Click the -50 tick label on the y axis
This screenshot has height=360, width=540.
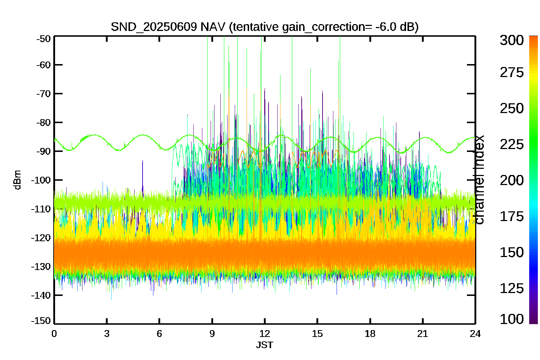pyautogui.click(x=44, y=39)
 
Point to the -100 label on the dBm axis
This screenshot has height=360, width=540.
pyautogui.click(x=41, y=180)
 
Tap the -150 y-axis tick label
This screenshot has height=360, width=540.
pyautogui.click(x=41, y=321)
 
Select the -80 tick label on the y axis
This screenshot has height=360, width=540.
pyautogui.click(x=44, y=122)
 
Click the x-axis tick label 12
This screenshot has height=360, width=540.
pyautogui.click(x=265, y=334)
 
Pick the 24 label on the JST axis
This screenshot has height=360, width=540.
pyautogui.click(x=475, y=334)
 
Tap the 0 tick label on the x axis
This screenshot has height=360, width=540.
pyautogui.click(x=54, y=334)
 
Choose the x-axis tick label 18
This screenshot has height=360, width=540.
pyautogui.click(x=370, y=334)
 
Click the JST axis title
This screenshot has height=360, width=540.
pyautogui.click(x=265, y=345)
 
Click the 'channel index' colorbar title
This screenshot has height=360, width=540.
pyautogui.click(x=479, y=180)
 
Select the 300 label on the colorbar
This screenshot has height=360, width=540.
pyautogui.click(x=512, y=40)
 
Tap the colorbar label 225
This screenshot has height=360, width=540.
pyautogui.click(x=512, y=145)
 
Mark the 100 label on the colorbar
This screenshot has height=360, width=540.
pyautogui.click(x=512, y=319)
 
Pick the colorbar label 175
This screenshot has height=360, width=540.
pyautogui.click(x=512, y=216)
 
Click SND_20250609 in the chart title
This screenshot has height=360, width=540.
pyautogui.click(x=154, y=27)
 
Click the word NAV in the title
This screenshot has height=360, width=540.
pyautogui.click(x=213, y=27)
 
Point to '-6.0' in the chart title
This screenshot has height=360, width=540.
pyautogui.click(x=386, y=27)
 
